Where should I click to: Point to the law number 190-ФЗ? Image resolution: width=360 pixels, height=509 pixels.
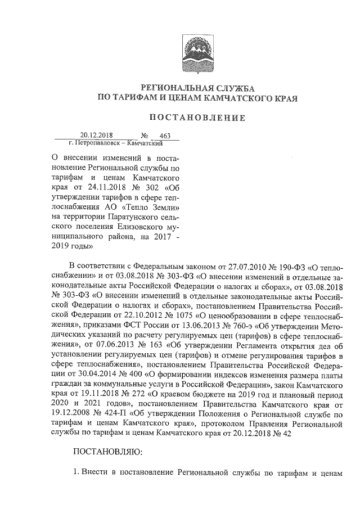click(x=287, y=265)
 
